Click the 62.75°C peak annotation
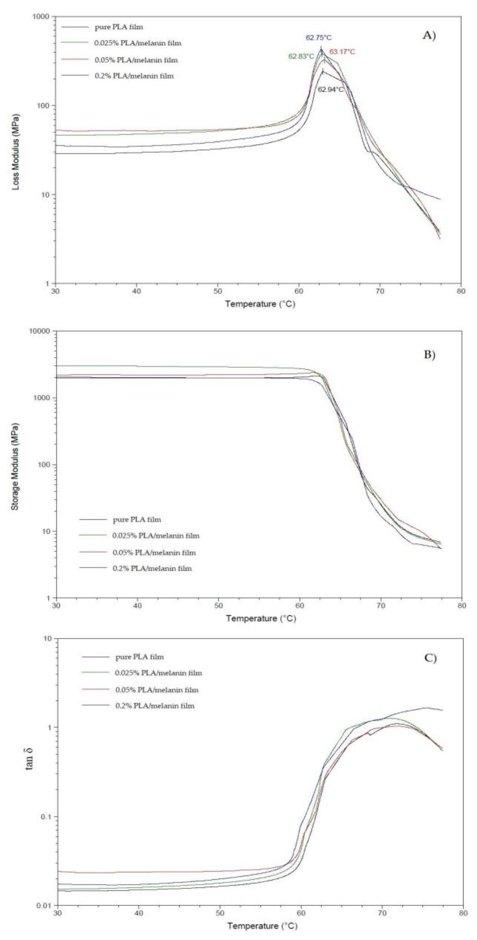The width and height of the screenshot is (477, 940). pyautogui.click(x=319, y=38)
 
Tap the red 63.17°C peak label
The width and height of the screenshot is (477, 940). pyautogui.click(x=342, y=52)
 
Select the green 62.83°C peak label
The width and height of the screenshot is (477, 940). pyautogui.click(x=301, y=57)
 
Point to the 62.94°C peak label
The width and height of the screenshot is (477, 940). pyautogui.click(x=331, y=89)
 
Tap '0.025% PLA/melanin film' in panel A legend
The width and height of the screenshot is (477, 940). pyautogui.click(x=137, y=43)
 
